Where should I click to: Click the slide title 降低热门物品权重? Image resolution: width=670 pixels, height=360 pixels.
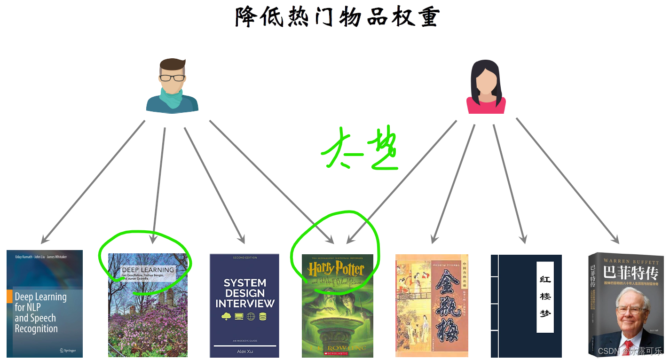click(x=337, y=17)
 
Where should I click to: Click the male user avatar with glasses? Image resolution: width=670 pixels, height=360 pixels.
click(x=172, y=86)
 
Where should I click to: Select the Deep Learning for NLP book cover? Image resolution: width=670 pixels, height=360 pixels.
click(x=45, y=304)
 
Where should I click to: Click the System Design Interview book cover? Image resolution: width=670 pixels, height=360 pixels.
click(x=244, y=305)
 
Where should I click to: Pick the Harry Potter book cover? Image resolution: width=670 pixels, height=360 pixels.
click(x=338, y=305)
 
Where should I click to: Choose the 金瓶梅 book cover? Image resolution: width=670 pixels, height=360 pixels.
click(x=432, y=305)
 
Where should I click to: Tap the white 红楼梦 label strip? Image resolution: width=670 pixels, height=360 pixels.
click(x=545, y=297)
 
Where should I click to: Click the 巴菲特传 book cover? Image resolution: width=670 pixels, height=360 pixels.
click(x=626, y=305)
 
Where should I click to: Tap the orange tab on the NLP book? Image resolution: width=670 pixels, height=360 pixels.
click(x=9, y=297)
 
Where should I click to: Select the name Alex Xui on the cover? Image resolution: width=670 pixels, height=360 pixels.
click(x=244, y=351)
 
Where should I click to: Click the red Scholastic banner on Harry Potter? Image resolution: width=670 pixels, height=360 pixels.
click(x=338, y=352)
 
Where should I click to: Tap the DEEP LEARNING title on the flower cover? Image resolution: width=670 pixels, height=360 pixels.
click(x=148, y=270)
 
